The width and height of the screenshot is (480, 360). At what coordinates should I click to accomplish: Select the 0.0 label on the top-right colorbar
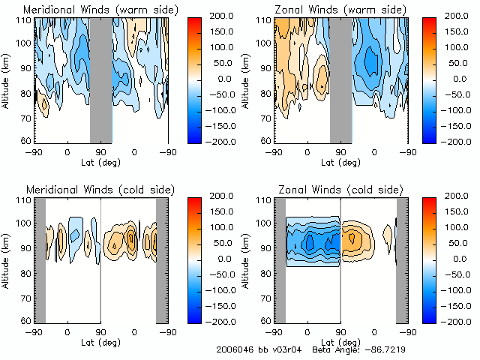click(x=457, y=79)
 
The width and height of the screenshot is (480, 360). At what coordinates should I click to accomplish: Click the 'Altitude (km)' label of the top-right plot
click(x=248, y=79)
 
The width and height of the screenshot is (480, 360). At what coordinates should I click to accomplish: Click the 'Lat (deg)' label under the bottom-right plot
click(x=340, y=342)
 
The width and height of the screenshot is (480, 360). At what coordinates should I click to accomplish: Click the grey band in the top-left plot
click(x=101, y=79)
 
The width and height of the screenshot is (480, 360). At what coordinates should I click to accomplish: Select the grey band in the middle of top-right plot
click(x=340, y=79)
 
